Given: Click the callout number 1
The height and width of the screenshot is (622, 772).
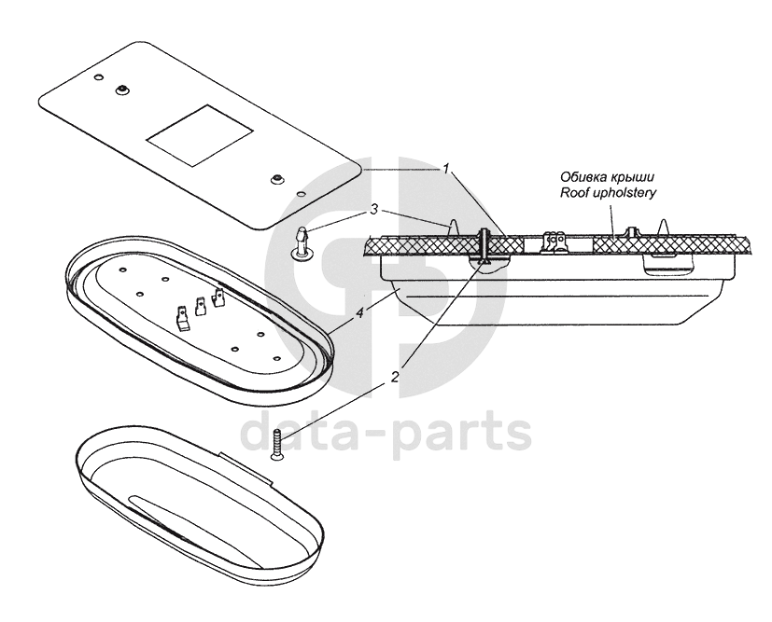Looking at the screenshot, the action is click(447, 169).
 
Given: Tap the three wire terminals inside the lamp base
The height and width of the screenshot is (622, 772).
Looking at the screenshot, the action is click(201, 309).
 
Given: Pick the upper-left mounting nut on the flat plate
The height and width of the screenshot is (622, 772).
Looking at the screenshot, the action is click(122, 90).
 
